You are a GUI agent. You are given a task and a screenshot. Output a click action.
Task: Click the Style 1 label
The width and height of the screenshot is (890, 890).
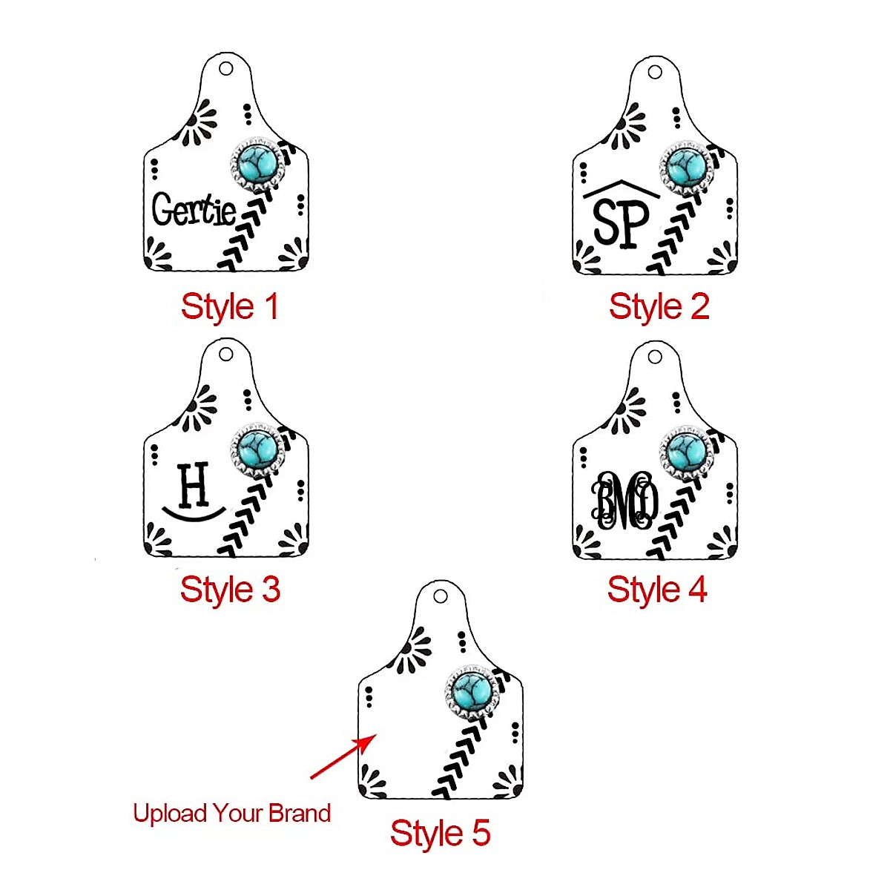click(229, 307)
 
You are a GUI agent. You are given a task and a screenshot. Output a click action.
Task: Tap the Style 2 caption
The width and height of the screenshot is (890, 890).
click(659, 307)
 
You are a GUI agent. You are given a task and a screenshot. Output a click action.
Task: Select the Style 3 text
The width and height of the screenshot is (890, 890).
click(230, 590)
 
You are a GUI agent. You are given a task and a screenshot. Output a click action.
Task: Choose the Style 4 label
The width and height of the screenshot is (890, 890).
click(657, 590)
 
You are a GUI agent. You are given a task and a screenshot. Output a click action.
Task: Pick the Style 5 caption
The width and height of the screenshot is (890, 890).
click(440, 833)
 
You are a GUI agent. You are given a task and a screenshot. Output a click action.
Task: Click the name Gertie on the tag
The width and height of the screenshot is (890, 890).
click(194, 210)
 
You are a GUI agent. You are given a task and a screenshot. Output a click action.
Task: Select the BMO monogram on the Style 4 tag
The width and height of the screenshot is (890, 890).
click(624, 501)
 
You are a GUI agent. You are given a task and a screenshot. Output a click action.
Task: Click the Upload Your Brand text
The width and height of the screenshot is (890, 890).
click(231, 813)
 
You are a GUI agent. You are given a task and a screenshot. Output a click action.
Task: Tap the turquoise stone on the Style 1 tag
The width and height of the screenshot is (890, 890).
click(254, 164)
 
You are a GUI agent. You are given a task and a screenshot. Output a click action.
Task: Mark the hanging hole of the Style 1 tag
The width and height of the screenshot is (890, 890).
click(226, 69)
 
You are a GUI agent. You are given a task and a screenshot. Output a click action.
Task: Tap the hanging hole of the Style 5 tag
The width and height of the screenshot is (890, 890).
click(440, 596)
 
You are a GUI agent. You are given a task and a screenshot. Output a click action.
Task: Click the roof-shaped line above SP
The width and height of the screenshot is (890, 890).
click(622, 189)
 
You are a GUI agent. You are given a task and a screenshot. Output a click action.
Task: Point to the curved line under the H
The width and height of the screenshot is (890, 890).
click(194, 513)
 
